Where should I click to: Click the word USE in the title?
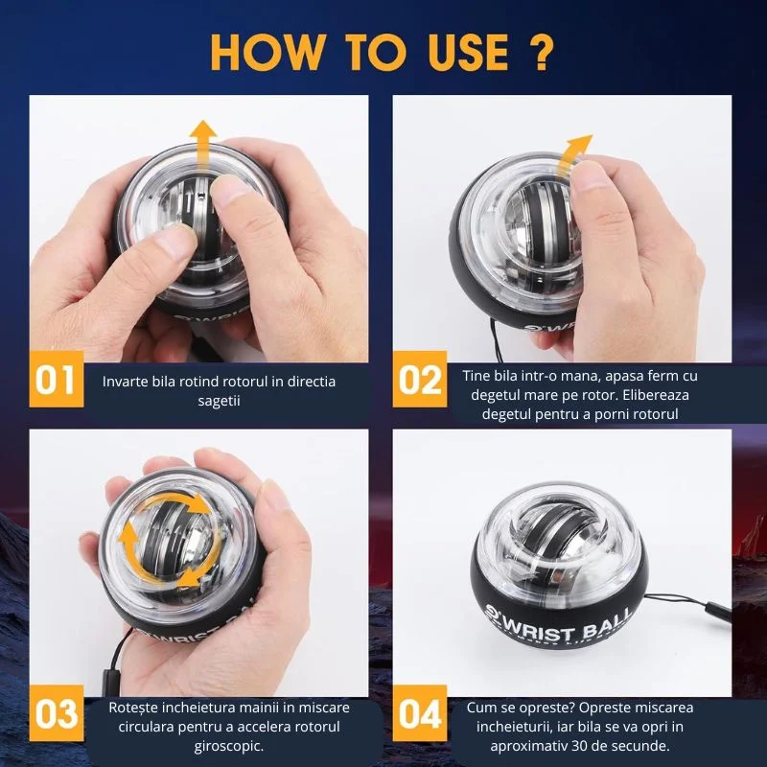(x=469, y=53)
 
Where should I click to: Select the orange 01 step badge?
(x=57, y=379)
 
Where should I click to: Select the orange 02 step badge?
(x=420, y=379)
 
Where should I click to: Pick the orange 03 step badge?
(x=57, y=713)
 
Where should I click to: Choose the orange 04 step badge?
(x=420, y=713)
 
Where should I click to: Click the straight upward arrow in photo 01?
(x=203, y=146)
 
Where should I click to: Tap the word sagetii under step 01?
(x=219, y=401)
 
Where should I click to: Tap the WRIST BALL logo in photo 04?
(x=558, y=625)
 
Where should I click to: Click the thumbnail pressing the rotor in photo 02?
(x=590, y=177)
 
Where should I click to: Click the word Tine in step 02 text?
(x=476, y=376)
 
